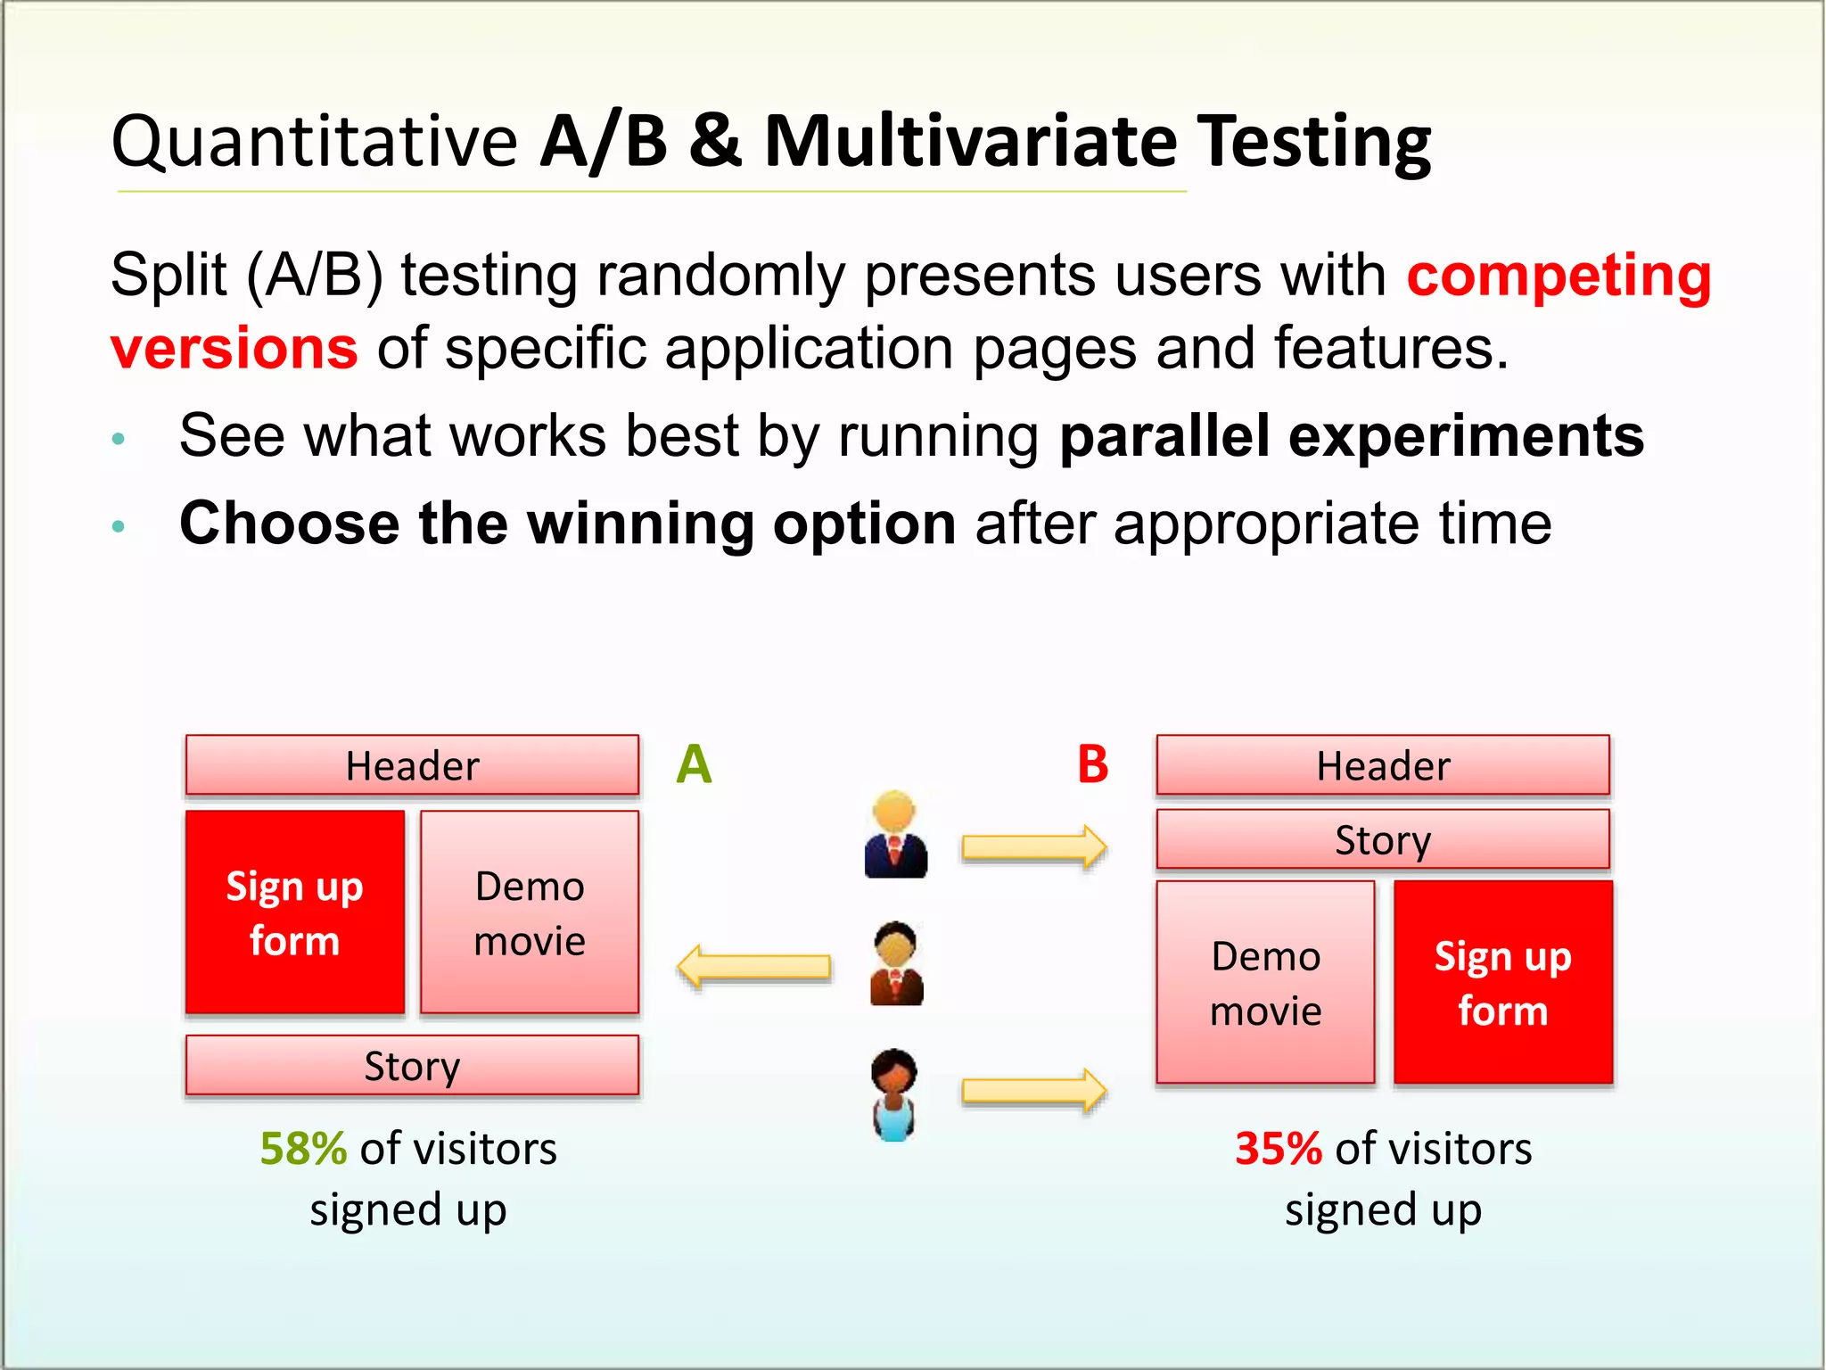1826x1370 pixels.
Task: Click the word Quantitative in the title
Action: (x=314, y=143)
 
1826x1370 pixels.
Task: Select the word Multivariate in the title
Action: (x=971, y=143)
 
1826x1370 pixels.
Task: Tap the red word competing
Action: (x=1559, y=276)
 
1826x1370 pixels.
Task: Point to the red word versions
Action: (x=234, y=348)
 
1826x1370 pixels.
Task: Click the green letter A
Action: (x=695, y=764)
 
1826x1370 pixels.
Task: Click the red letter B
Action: (x=1092, y=764)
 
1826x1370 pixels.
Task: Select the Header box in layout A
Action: (x=412, y=765)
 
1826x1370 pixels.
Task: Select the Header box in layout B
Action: (x=1383, y=765)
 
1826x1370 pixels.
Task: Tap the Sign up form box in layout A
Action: (x=295, y=912)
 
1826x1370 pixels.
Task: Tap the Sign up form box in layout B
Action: (x=1503, y=982)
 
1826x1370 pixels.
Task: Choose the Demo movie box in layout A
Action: (x=530, y=912)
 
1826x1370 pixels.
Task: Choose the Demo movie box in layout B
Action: (x=1265, y=982)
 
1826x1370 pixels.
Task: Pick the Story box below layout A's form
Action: (x=412, y=1065)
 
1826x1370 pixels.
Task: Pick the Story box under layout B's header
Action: (x=1383, y=839)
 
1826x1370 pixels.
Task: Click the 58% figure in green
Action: (x=303, y=1149)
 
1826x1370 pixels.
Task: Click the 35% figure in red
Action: (x=1278, y=1149)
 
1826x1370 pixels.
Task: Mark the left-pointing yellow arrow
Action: (x=754, y=967)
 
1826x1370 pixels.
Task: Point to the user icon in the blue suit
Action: (x=895, y=835)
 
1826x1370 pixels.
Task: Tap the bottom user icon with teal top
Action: (x=894, y=1095)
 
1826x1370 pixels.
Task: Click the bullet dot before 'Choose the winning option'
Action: (x=119, y=526)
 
